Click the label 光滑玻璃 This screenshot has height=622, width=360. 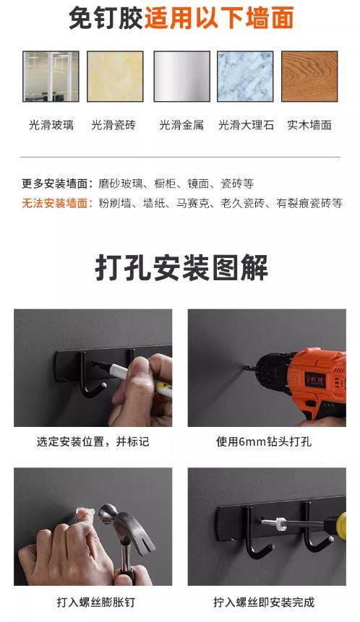pos(51,125)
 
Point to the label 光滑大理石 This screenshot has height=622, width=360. pos(246,125)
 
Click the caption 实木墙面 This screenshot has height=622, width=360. pos(309,125)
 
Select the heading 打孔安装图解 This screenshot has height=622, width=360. pos(181,267)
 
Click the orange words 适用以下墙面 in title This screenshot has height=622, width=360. pos(218,18)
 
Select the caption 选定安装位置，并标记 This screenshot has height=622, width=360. pos(93,441)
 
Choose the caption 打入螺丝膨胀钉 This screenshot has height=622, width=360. pos(93,601)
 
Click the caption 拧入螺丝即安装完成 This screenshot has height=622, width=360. pos(265,601)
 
